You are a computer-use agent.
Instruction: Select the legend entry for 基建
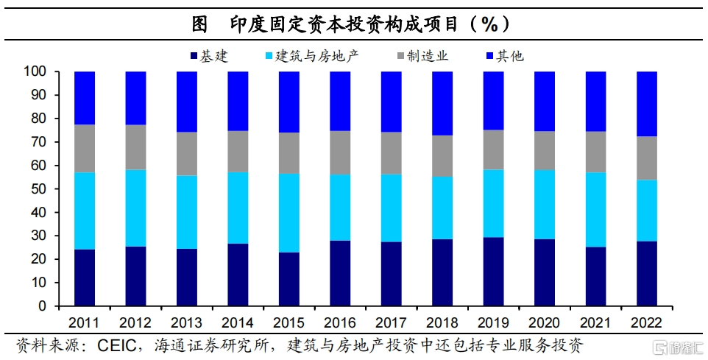(209, 55)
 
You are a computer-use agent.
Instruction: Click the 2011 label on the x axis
(85, 322)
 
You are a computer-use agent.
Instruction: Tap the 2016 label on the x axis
(340, 322)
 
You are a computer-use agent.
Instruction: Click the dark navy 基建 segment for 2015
(289, 279)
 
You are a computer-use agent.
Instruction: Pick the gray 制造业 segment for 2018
(442, 156)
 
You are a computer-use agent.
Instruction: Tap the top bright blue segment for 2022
(647, 104)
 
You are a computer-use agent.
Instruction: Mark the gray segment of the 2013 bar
(187, 154)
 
